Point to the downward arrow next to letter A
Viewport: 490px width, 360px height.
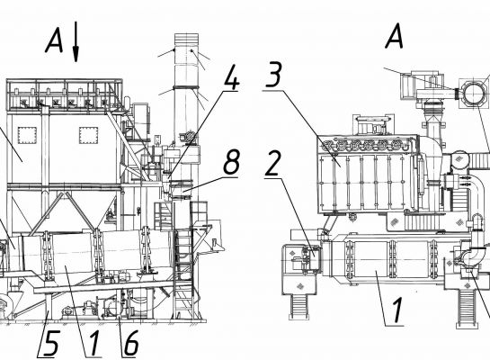click(x=76, y=42)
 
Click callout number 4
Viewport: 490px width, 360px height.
click(x=232, y=76)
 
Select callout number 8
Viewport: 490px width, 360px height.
click(x=232, y=162)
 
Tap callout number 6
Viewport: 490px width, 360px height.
click(x=130, y=343)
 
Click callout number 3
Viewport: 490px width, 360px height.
click(x=273, y=74)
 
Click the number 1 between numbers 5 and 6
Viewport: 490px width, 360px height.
click(x=94, y=344)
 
